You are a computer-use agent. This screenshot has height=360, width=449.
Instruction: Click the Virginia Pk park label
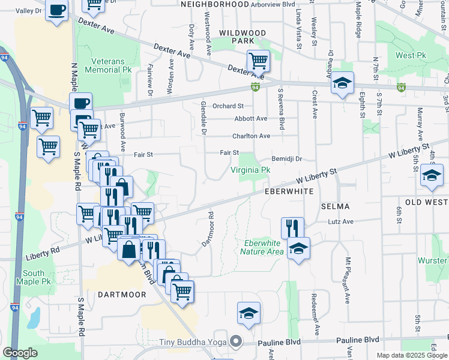(250, 170)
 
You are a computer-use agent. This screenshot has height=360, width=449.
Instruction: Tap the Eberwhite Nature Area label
(261, 247)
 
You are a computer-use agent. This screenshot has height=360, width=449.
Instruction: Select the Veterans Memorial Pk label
(111, 65)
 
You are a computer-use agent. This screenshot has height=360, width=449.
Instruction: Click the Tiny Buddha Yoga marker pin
(236, 341)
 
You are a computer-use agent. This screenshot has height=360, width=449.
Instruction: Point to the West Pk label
(410, 55)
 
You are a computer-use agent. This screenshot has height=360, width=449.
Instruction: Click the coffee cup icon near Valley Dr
(57, 11)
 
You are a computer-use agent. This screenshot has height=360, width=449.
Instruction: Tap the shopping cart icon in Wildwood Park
(258, 60)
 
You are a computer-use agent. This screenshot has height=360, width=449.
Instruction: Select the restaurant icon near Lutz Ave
(292, 227)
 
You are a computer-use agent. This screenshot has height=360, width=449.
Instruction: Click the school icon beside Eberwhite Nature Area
(298, 247)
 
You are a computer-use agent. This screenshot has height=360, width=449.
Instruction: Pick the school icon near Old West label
(432, 176)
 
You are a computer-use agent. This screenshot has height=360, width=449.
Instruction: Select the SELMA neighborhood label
(336, 206)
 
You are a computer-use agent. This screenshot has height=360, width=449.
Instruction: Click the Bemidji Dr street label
(286, 159)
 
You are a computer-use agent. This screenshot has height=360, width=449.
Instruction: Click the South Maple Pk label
(34, 277)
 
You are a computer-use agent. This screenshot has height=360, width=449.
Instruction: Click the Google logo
(20, 353)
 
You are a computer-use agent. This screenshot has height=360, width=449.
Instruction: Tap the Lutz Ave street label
(340, 222)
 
